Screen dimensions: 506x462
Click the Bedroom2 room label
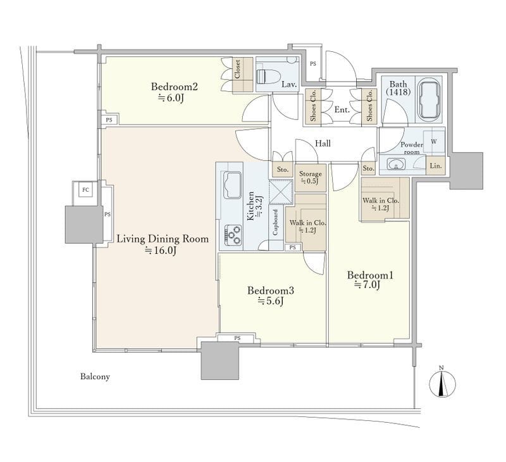point(175,87)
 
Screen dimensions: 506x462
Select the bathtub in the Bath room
point(428,100)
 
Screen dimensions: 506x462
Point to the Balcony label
point(95,377)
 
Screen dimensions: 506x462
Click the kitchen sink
point(231,186)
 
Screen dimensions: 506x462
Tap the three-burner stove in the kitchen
point(233,234)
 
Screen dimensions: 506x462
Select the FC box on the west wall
point(85,190)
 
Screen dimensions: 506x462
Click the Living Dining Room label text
point(163,239)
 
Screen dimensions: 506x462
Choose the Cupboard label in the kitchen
point(275,222)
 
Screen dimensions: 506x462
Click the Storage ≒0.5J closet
point(310,178)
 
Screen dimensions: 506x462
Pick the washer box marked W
point(434,141)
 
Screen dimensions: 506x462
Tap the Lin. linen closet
point(436,166)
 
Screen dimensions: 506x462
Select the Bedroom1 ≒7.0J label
point(370,280)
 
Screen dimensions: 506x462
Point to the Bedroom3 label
point(271,290)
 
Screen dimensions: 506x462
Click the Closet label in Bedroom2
point(238,70)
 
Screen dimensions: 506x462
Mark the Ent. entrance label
point(342,109)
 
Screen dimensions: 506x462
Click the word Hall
point(323,143)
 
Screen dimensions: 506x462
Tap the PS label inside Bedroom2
point(109,120)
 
